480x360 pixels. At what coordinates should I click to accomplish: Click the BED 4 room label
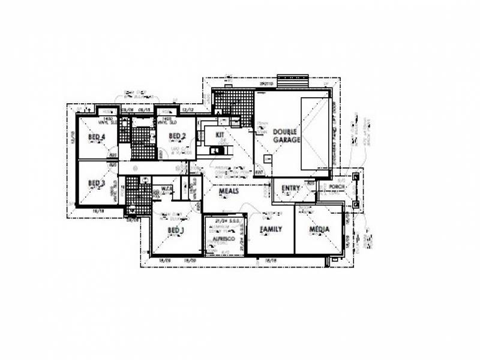point(97,137)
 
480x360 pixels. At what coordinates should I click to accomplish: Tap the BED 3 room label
point(97,183)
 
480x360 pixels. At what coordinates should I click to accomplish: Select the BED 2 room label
point(177,136)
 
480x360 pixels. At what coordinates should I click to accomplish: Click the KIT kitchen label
point(220,134)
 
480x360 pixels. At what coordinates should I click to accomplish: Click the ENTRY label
point(290,188)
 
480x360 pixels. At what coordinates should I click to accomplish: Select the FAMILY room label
point(271,230)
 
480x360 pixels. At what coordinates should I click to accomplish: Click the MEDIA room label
point(320,230)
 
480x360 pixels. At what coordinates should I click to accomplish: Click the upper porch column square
point(356,177)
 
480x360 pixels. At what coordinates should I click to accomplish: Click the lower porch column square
point(356,205)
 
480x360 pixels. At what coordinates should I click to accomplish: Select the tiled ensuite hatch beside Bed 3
point(138,196)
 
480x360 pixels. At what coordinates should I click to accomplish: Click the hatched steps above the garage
point(292,80)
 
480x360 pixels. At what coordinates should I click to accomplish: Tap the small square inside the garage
point(268,159)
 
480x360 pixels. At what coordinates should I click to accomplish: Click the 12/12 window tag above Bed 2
point(188,110)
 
